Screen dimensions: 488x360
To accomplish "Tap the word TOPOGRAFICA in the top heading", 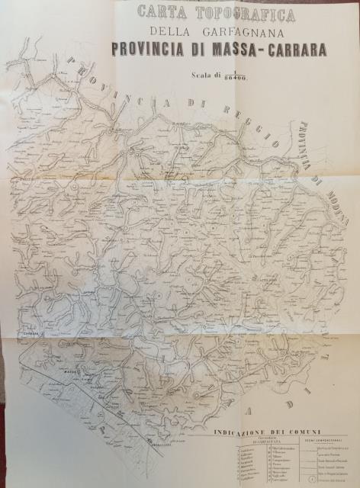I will point(229,11).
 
